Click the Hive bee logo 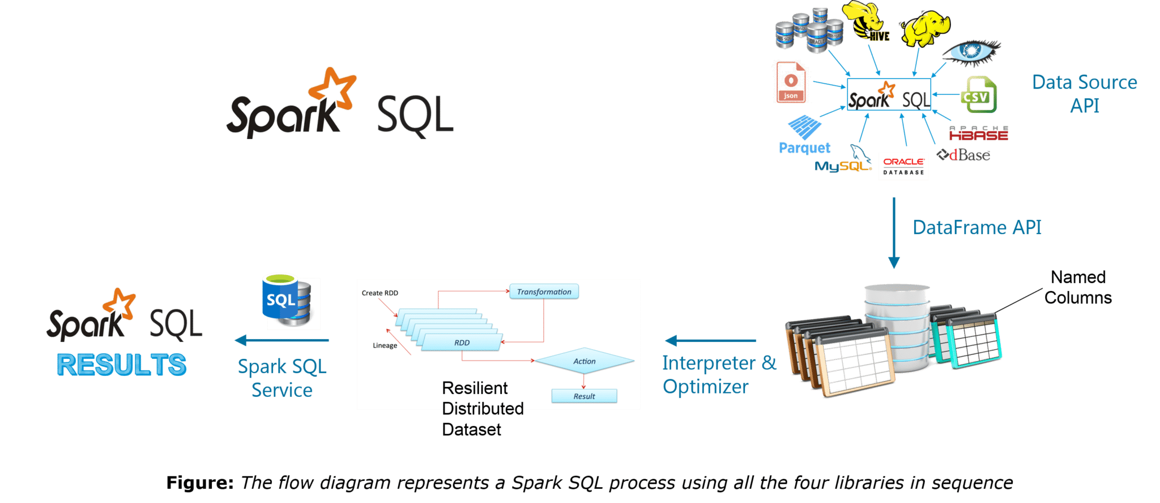[x=864, y=20]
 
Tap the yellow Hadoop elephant [x=925, y=28]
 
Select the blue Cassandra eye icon [x=971, y=51]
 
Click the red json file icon [x=791, y=82]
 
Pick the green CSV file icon [x=979, y=95]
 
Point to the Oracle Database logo [x=903, y=166]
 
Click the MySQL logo [x=842, y=163]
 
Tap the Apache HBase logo [x=979, y=134]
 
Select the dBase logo [x=964, y=155]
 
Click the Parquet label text [x=804, y=148]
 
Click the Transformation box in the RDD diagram [x=544, y=292]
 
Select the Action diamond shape [x=584, y=361]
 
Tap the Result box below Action [x=584, y=396]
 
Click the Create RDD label [x=379, y=293]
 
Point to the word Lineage [x=385, y=345]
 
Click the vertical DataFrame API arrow [x=894, y=233]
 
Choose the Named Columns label [x=1078, y=288]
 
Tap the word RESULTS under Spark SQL [x=121, y=365]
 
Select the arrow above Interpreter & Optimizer [x=710, y=341]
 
